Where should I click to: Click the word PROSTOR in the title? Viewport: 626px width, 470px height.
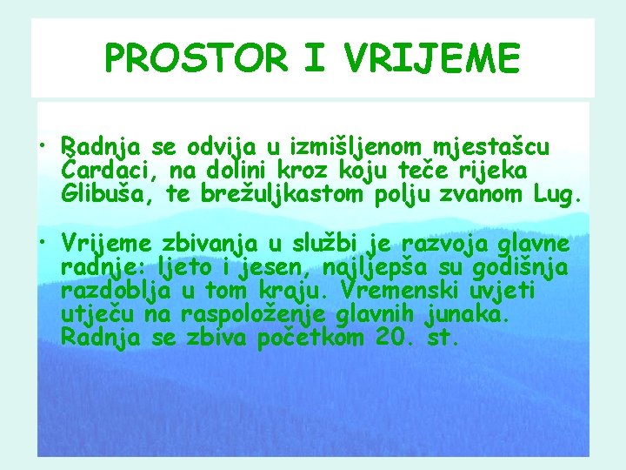(196, 59)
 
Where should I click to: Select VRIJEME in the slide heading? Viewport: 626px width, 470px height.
(432, 59)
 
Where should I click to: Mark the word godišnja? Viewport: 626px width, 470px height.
(533, 269)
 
